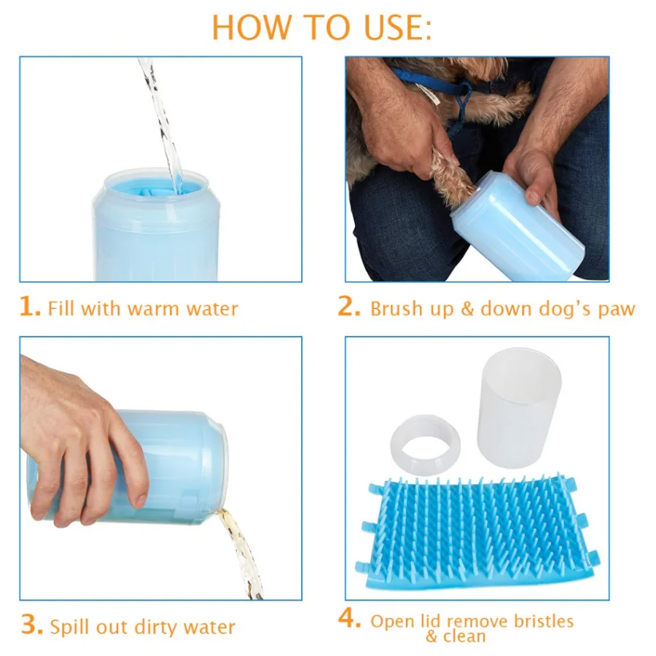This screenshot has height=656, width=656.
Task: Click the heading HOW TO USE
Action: tap(321, 28)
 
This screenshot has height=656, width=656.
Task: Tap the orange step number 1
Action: tap(30, 307)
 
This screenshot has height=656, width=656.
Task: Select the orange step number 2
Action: tap(349, 307)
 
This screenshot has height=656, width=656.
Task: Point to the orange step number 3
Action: tap(32, 625)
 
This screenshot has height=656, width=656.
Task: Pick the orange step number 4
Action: tap(349, 618)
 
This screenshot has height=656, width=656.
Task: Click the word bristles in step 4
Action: tap(544, 621)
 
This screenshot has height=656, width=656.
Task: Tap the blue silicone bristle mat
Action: tap(477, 533)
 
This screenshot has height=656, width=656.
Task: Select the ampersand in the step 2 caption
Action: tap(467, 310)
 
